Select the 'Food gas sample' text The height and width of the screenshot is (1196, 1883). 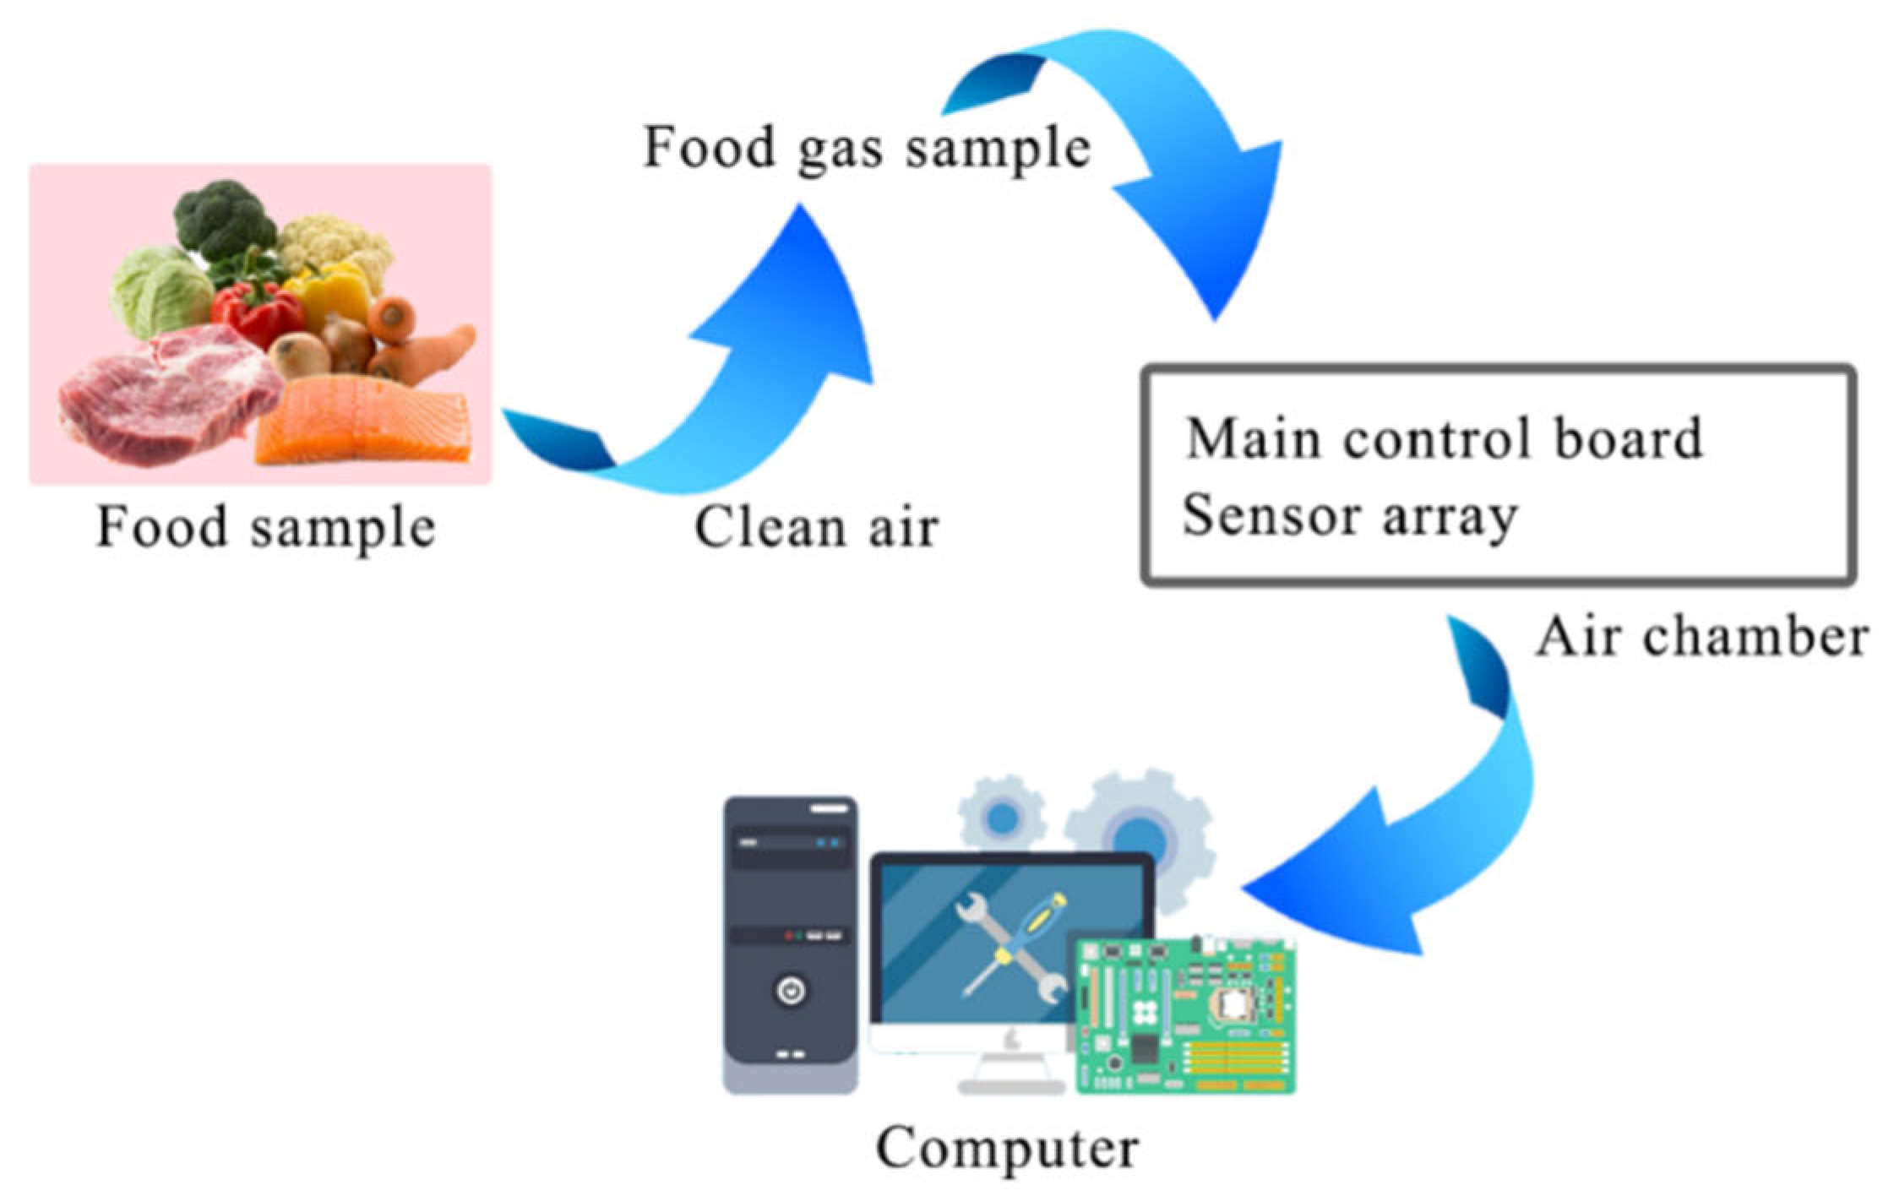[867, 149]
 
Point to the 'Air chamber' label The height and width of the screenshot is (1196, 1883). [1701, 636]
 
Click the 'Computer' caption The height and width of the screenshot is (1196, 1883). [1007, 1149]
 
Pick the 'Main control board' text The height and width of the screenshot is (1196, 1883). [1444, 439]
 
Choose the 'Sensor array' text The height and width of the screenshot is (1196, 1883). [1350, 515]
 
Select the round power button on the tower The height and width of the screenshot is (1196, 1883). [791, 991]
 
